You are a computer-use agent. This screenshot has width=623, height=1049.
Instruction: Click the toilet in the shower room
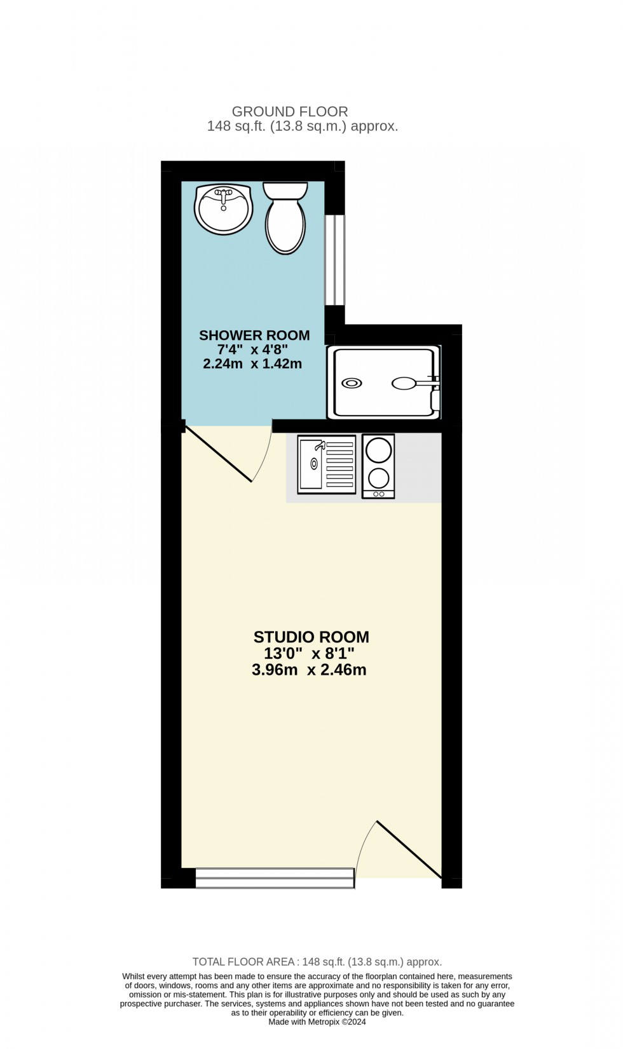pyautogui.click(x=285, y=219)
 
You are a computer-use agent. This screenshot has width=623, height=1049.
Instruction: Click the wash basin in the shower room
pyautogui.click(x=223, y=209)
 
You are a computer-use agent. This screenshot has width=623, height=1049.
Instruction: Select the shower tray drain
pyautogui.click(x=352, y=383)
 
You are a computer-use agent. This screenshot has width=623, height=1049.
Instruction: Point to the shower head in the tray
pyautogui.click(x=404, y=383)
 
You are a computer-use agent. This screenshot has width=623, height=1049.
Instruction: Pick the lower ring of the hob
pyautogui.click(x=378, y=478)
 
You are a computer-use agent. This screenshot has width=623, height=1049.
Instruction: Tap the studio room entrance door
pyautogui.click(x=409, y=849)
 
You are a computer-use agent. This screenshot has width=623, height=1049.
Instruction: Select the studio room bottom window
pyautogui.click(x=275, y=877)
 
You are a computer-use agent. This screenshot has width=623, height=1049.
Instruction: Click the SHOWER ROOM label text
pyautogui.click(x=254, y=335)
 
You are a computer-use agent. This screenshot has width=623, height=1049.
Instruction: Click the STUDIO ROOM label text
pyautogui.click(x=311, y=637)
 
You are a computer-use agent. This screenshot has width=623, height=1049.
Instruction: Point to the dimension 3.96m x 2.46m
pyautogui.click(x=309, y=670)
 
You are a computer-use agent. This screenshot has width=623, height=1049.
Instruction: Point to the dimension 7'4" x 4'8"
pyautogui.click(x=253, y=350)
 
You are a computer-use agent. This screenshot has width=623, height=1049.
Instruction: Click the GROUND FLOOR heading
pyautogui.click(x=290, y=112)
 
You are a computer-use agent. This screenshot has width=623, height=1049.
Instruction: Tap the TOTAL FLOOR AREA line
pyautogui.click(x=317, y=962)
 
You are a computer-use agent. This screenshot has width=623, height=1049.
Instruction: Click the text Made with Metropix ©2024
pyautogui.click(x=317, y=1022)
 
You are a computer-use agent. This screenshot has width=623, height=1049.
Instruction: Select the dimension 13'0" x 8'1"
pyautogui.click(x=309, y=654)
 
